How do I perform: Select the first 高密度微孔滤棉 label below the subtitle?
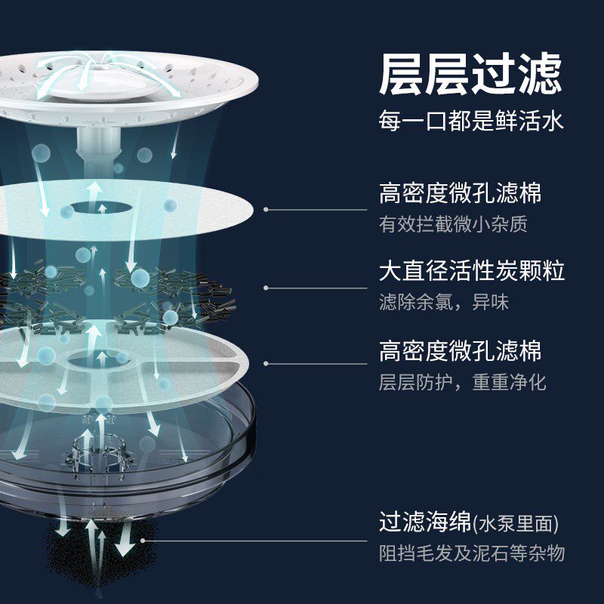(x=460, y=193)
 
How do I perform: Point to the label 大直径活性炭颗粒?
(x=471, y=271)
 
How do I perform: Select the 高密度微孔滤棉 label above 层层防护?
(x=460, y=350)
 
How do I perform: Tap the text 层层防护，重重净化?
(x=461, y=382)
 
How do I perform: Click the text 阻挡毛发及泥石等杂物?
(x=471, y=553)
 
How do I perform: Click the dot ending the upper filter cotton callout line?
(x=266, y=209)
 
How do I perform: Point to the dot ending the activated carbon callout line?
(x=266, y=287)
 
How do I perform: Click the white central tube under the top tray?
(x=97, y=143)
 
